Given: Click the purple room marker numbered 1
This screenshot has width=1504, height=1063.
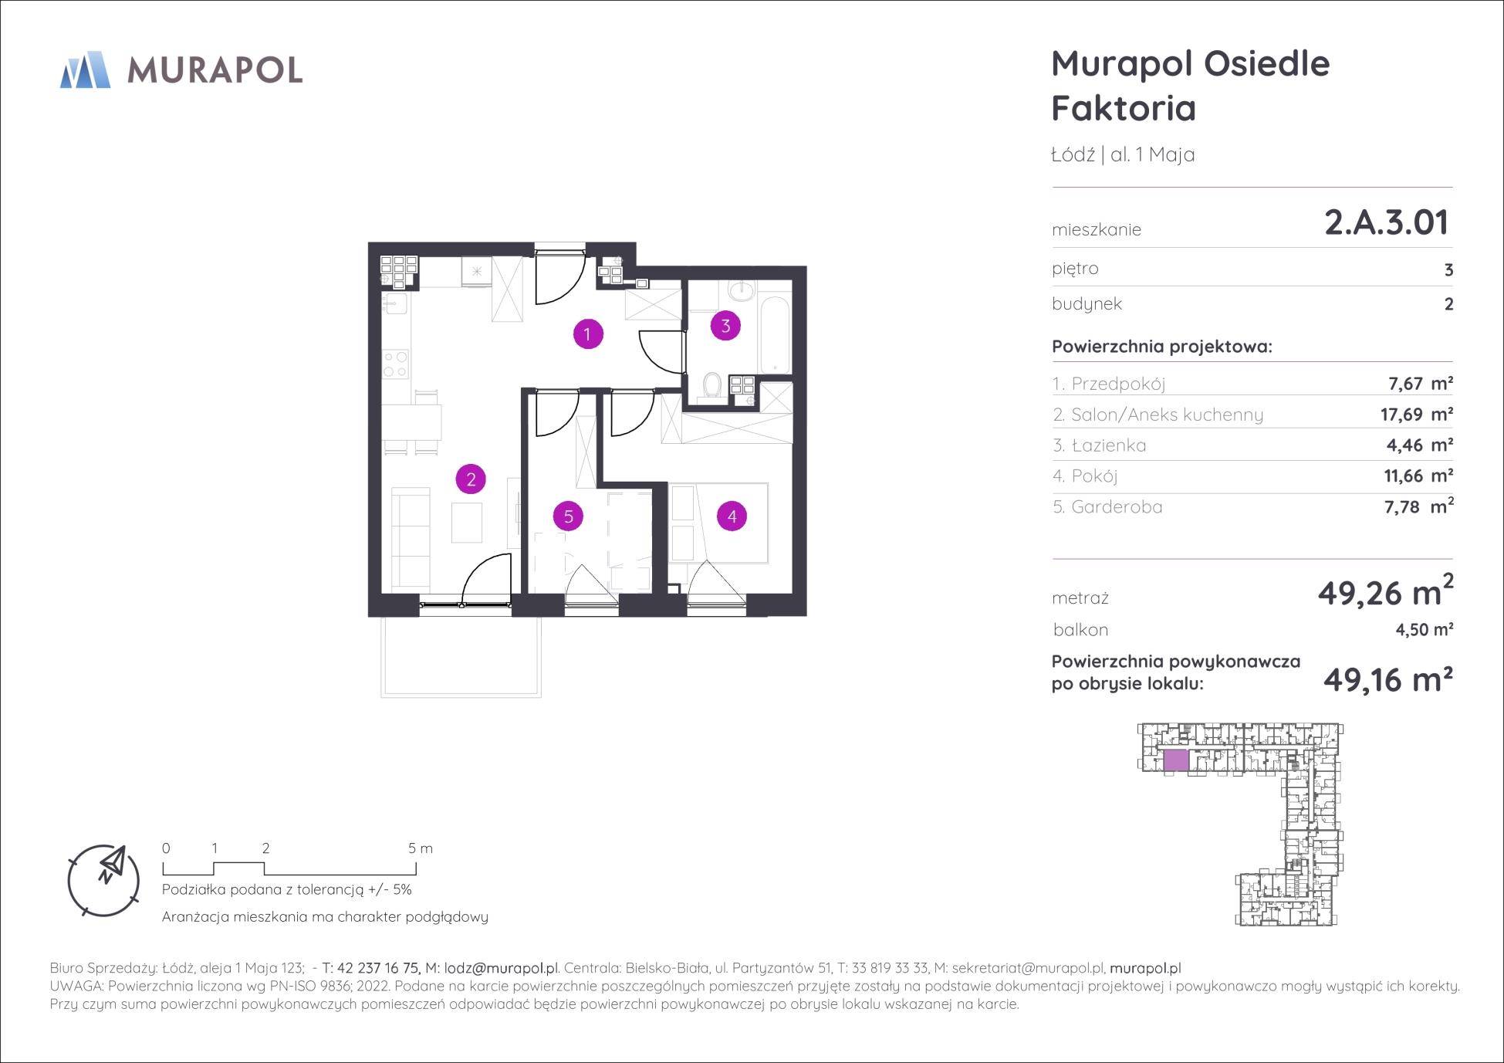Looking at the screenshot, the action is click(587, 334).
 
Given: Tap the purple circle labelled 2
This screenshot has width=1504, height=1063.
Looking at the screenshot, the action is click(471, 479).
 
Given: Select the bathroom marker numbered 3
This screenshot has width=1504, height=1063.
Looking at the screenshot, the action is click(725, 326).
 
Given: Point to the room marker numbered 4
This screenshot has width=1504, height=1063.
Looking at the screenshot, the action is click(732, 516).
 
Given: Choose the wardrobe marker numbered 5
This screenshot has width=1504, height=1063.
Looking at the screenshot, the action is click(569, 516).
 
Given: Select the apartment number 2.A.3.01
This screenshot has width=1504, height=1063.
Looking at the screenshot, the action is click(1387, 223).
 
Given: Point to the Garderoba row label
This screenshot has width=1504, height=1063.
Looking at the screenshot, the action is click(1107, 507).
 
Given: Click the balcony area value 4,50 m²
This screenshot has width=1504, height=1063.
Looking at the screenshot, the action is click(1424, 630).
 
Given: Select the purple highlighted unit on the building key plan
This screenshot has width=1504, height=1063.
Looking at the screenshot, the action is click(1175, 760).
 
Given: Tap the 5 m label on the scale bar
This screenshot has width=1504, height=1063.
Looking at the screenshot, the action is click(421, 848).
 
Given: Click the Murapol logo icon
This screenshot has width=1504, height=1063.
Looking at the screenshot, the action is click(85, 69).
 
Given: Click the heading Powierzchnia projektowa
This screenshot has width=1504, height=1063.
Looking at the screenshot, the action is click(1162, 347).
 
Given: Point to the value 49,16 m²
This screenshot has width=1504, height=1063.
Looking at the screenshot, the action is click(1388, 680).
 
